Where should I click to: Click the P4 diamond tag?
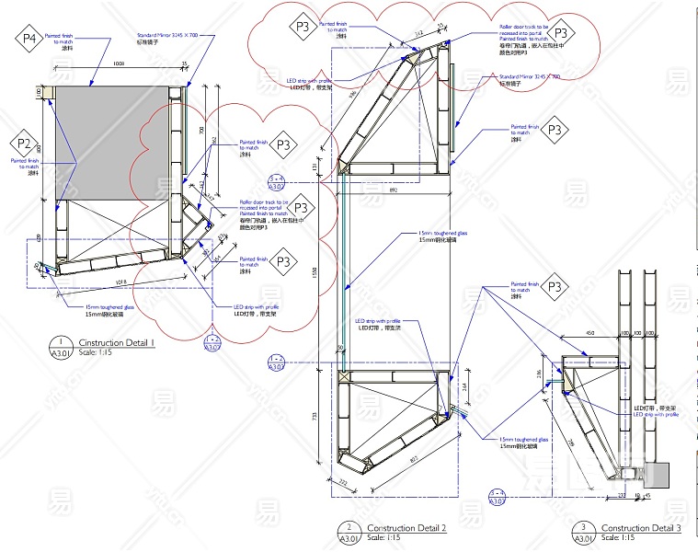[29, 39]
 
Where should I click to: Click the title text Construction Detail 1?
[115, 342]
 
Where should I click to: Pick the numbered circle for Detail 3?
[583, 533]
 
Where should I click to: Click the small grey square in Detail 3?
[658, 474]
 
